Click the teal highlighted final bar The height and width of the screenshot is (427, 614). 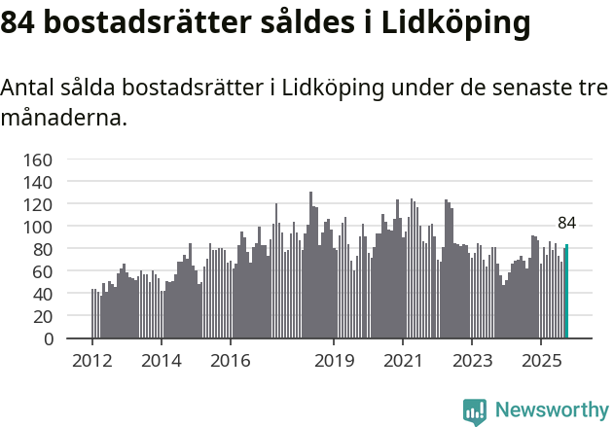pos(567,292)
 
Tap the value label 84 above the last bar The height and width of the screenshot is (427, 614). pos(566,223)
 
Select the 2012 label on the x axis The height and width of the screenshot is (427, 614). pos(92,362)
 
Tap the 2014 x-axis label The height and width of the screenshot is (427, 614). pos(162,362)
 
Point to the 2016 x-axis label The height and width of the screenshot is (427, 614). pos(230,362)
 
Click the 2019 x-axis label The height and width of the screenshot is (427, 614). pos(334,362)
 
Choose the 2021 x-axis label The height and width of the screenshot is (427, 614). pos(402,362)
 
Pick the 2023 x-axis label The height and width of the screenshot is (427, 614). pos(471,362)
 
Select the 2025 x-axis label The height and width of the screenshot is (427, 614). pos(540,362)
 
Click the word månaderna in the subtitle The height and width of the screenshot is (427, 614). pos(63,120)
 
